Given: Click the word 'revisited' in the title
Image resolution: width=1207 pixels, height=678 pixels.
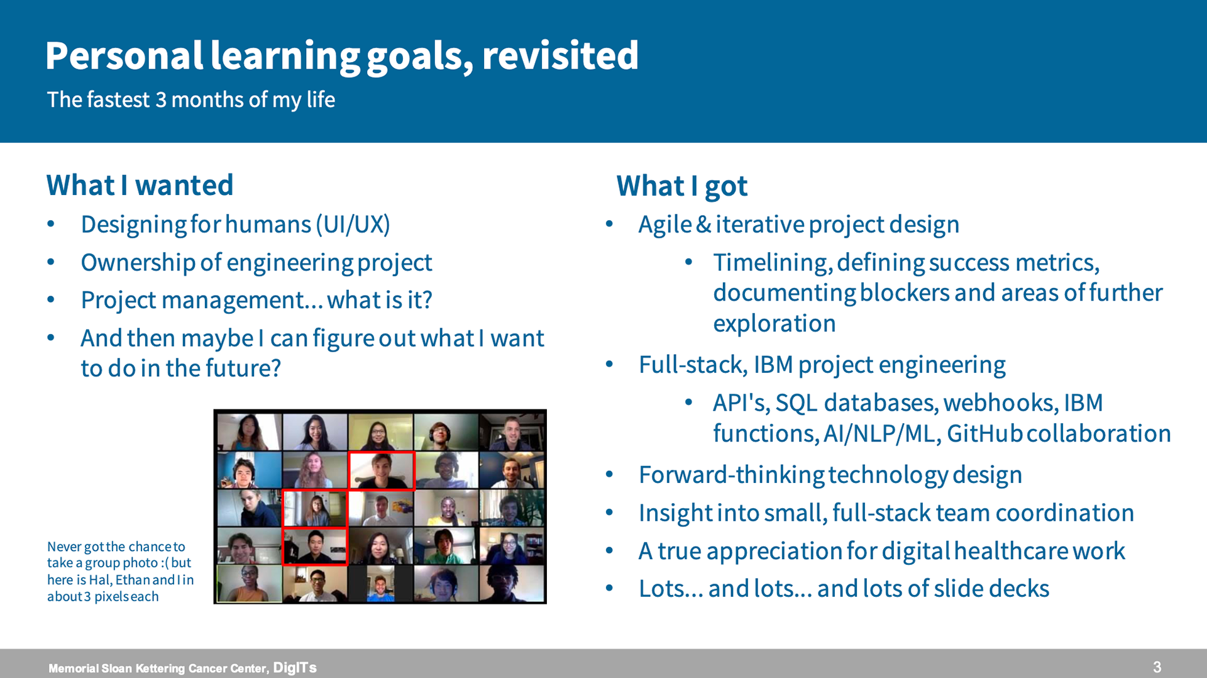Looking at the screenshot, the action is pyautogui.click(x=560, y=55).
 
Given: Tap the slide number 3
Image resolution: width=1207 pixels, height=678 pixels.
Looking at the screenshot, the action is pyautogui.click(x=1157, y=667).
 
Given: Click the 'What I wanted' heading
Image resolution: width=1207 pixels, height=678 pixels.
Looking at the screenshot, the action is pyautogui.click(x=140, y=186).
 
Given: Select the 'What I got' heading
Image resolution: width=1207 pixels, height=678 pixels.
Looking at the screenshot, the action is pyautogui.click(x=682, y=186).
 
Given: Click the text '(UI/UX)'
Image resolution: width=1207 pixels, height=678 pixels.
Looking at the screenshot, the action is pyautogui.click(x=353, y=225).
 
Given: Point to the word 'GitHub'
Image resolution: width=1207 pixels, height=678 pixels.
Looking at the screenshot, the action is pyautogui.click(x=984, y=433).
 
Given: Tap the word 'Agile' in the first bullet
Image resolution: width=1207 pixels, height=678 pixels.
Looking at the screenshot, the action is pyautogui.click(x=665, y=225).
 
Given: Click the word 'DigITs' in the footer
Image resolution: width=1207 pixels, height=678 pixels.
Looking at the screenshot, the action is pyautogui.click(x=295, y=668).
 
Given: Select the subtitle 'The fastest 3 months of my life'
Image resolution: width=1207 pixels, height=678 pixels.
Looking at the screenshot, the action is pyautogui.click(x=191, y=100).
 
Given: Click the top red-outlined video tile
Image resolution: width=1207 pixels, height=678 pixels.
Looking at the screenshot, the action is pyautogui.click(x=382, y=470).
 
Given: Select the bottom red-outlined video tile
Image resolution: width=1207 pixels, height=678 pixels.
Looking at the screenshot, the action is pyautogui.click(x=314, y=546).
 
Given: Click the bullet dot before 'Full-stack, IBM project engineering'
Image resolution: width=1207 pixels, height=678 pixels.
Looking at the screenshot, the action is pyautogui.click(x=609, y=365).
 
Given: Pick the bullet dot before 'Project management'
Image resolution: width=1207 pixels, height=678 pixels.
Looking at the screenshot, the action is pyautogui.click(x=51, y=300).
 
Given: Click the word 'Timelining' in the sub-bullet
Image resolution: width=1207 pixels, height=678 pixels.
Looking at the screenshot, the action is pyautogui.click(x=773, y=263).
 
